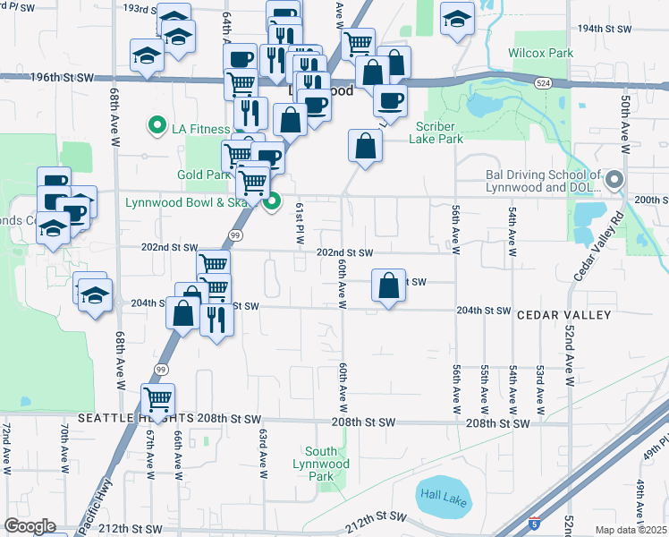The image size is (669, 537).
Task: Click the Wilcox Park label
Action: [540, 54]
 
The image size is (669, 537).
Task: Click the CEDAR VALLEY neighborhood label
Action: [563, 315]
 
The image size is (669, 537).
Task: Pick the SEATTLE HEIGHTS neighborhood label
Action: [134, 419]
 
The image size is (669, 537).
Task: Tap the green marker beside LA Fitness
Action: [158, 125]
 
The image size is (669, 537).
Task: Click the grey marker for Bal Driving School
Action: [614, 180]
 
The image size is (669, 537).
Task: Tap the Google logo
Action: [30, 526]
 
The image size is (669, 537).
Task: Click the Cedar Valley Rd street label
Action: [599, 246]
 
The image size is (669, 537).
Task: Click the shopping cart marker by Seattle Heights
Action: [158, 399]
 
